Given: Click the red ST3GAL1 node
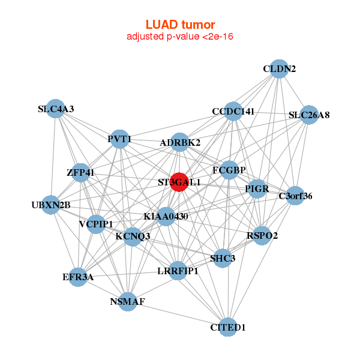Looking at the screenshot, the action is pyautogui.click(x=179, y=181).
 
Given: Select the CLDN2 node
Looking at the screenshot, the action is pyautogui.click(x=278, y=68).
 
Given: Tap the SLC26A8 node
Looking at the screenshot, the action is pyautogui.click(x=308, y=115).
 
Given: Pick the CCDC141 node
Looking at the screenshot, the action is pyautogui.click(x=233, y=112).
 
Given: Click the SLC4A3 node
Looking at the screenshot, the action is pyautogui.click(x=55, y=109).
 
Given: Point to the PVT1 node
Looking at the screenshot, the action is pyautogui.click(x=119, y=140).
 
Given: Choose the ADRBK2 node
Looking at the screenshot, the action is pyautogui.click(x=180, y=143).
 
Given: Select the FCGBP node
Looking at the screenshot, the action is pyautogui.click(x=230, y=170).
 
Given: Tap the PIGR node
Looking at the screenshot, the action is pyautogui.click(x=257, y=189).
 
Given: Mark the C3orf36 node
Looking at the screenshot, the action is pyautogui.click(x=295, y=196).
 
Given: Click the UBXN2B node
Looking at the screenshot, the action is pyautogui.click(x=51, y=205).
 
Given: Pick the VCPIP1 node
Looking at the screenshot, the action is pyautogui.click(x=96, y=224).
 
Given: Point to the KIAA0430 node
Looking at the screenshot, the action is pyautogui.click(x=166, y=216).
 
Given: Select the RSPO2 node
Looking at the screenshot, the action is pyautogui.click(x=262, y=235).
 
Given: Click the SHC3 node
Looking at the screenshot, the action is pyautogui.click(x=223, y=259).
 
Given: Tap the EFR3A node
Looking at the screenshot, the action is pyautogui.click(x=78, y=277).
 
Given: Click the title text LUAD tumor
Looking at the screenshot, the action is pyautogui.click(x=180, y=25).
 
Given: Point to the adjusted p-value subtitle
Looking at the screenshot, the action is pyautogui.click(x=180, y=37).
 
